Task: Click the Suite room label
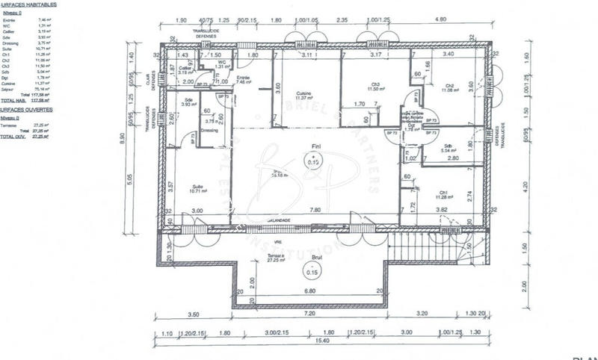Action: (x=197, y=187)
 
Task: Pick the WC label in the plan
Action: (x=222, y=62)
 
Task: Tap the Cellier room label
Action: (x=183, y=69)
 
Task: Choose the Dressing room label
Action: (x=210, y=129)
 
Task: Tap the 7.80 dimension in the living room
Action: (x=315, y=211)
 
